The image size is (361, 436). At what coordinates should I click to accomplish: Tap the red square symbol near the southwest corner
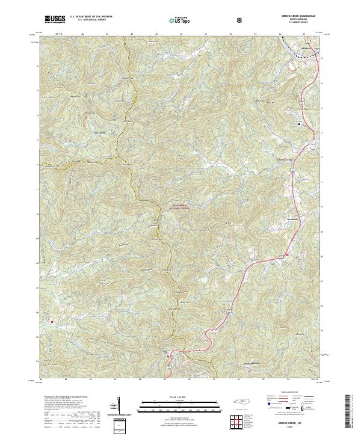pyautogui.click(x=52, y=322)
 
